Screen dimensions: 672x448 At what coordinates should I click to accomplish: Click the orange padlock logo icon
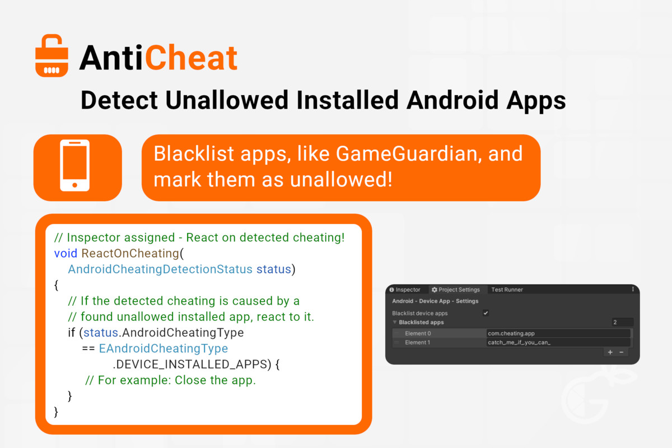point(52,56)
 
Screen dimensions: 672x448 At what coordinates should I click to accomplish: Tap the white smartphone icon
point(74,165)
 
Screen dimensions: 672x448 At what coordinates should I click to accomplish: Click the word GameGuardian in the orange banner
point(409,153)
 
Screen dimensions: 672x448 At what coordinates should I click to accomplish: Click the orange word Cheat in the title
point(192,58)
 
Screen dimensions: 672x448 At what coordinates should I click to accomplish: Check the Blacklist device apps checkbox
point(486,313)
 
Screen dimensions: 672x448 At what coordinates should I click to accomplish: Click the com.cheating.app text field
point(558,333)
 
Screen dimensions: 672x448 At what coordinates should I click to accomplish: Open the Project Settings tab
point(456,290)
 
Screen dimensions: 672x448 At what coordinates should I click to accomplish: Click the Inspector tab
point(405,290)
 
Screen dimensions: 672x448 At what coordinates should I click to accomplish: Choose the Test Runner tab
point(507,290)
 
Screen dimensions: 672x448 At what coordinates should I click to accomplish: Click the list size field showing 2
point(623,322)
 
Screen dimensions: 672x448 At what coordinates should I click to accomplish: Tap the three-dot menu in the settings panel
point(633,289)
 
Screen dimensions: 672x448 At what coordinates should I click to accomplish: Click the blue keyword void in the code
point(66,253)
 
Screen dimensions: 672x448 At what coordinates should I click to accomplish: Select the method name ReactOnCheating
point(130,253)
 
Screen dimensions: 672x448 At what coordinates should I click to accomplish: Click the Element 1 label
point(417,342)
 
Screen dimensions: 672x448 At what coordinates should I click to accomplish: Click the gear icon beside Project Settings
point(434,290)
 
